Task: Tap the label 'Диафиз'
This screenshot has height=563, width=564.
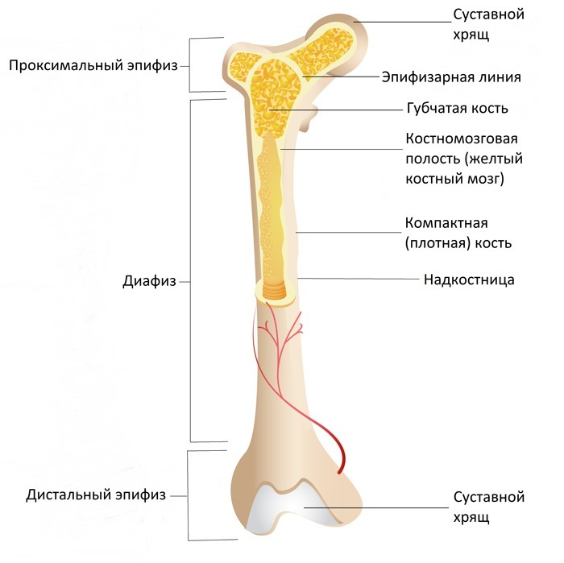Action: click(146, 282)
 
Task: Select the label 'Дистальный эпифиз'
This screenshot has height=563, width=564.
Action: click(95, 495)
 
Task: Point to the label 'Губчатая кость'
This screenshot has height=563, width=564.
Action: click(457, 108)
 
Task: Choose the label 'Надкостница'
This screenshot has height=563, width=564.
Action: click(469, 280)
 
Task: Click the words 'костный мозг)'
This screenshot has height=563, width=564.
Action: click(454, 178)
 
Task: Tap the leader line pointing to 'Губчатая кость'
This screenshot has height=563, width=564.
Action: click(338, 108)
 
